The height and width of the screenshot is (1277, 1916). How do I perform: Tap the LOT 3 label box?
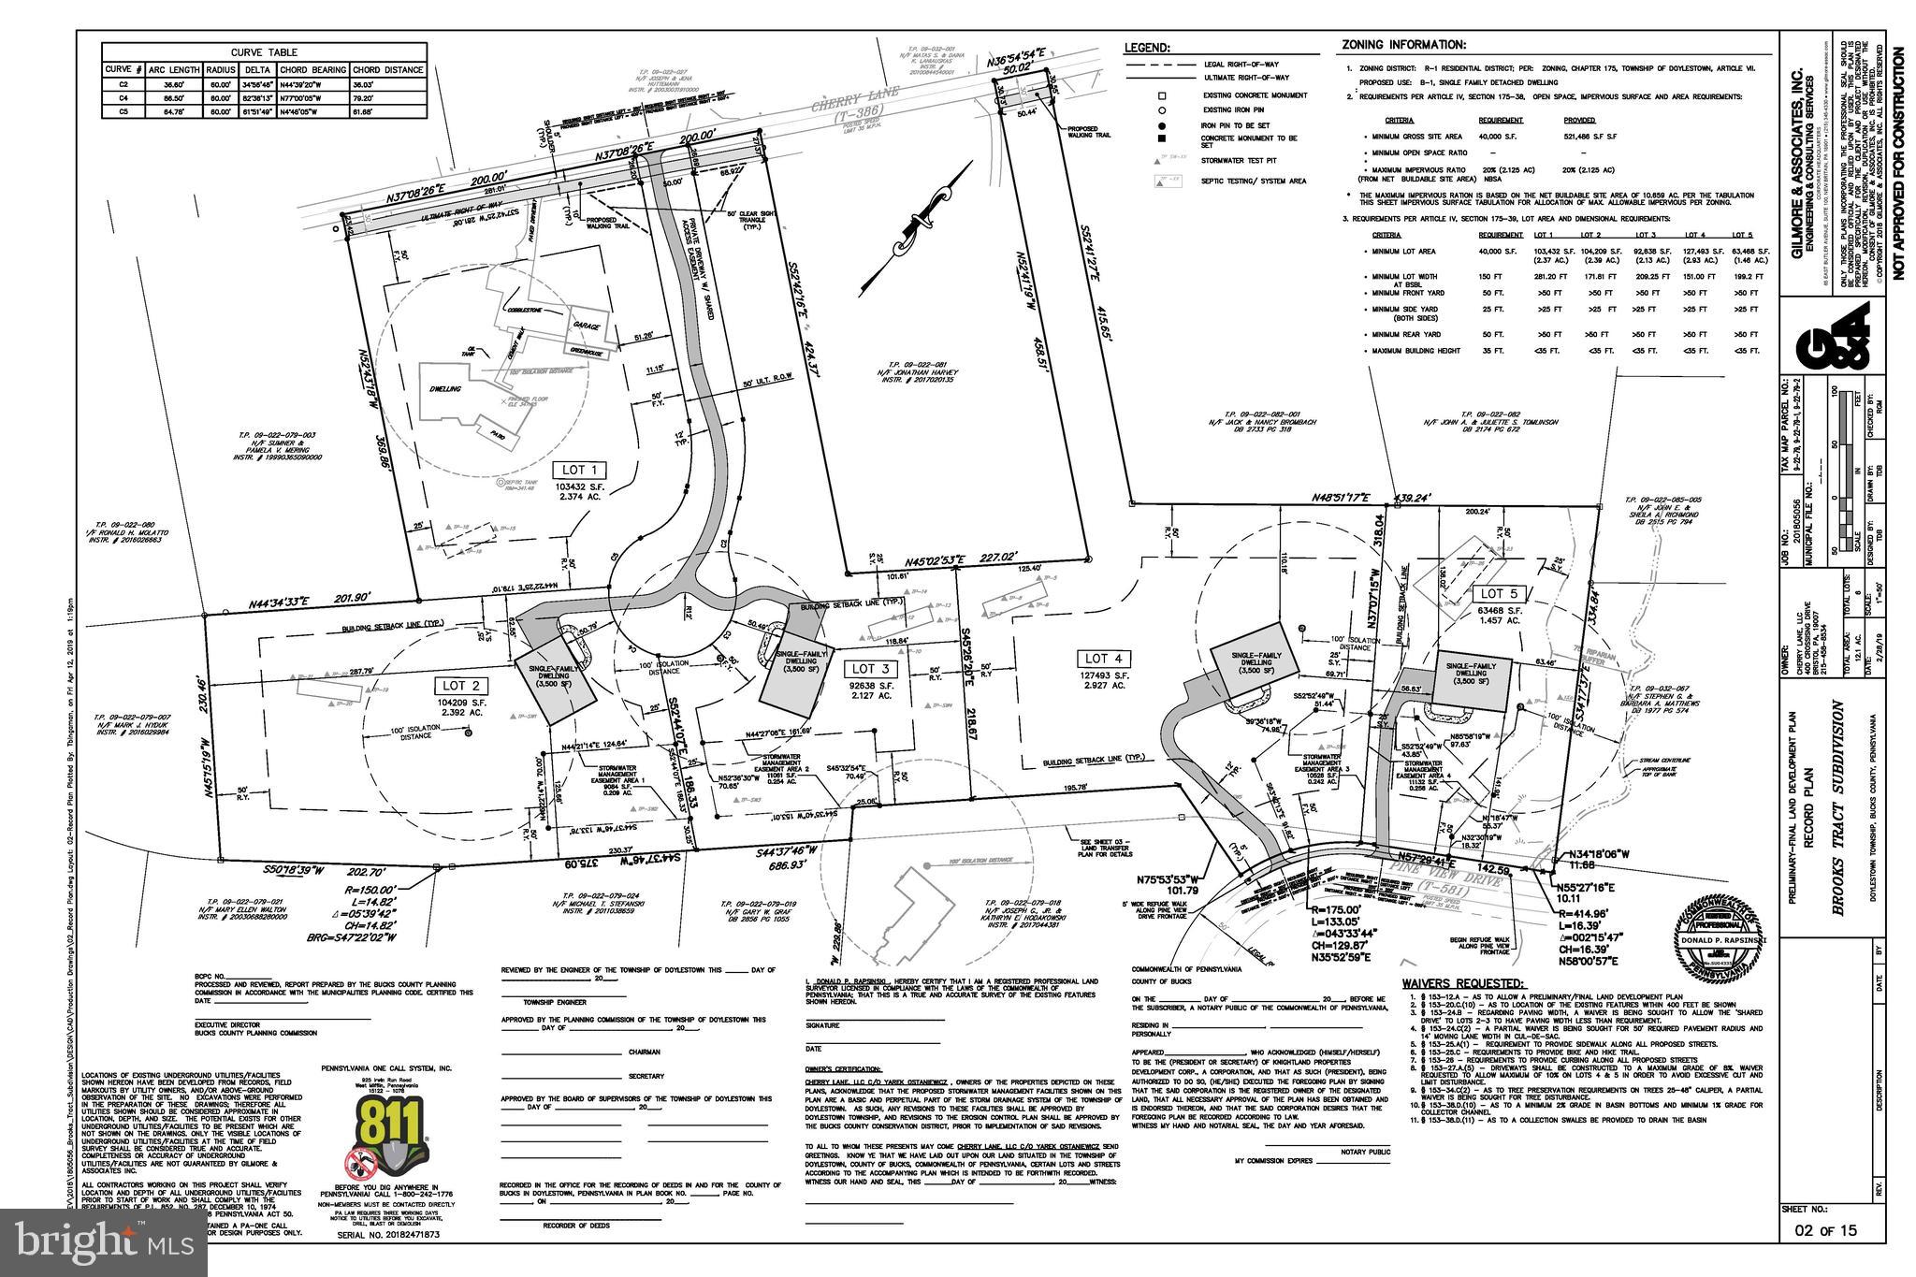click(864, 669)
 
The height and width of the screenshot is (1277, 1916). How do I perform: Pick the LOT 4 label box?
click(1097, 658)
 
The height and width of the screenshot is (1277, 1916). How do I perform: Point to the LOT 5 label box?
click(1493, 594)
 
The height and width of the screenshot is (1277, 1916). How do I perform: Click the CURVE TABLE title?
click(263, 52)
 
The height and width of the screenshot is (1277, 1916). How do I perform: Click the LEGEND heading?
click(1148, 47)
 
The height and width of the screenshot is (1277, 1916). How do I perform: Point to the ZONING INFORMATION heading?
click(1403, 44)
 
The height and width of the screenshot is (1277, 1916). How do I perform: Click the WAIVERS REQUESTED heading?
click(1462, 984)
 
